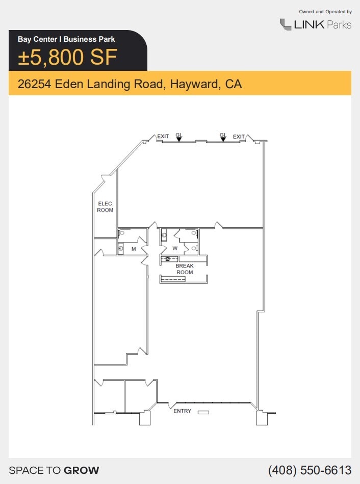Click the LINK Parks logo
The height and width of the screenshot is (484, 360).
[x=316, y=24]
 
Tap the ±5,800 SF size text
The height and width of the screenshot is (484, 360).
[x=68, y=57]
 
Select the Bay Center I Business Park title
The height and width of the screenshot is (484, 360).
[x=66, y=39]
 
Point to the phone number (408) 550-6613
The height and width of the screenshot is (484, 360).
[x=310, y=470]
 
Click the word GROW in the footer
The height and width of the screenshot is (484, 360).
[x=82, y=470]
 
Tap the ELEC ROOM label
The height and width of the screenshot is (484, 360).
[x=105, y=207]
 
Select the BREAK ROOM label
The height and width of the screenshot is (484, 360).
[x=185, y=269]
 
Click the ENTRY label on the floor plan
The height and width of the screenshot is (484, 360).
[x=182, y=411]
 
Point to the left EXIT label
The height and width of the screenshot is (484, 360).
[x=163, y=137]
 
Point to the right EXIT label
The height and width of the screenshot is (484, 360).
[x=239, y=137]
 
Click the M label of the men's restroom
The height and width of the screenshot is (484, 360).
[x=134, y=249]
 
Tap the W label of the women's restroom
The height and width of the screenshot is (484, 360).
[x=175, y=249]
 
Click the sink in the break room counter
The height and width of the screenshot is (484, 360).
[x=167, y=259]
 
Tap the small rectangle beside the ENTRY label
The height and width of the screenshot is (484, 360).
[x=203, y=412]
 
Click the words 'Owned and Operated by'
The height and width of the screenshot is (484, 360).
[x=325, y=11]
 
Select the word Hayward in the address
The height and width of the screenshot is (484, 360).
[x=194, y=84]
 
